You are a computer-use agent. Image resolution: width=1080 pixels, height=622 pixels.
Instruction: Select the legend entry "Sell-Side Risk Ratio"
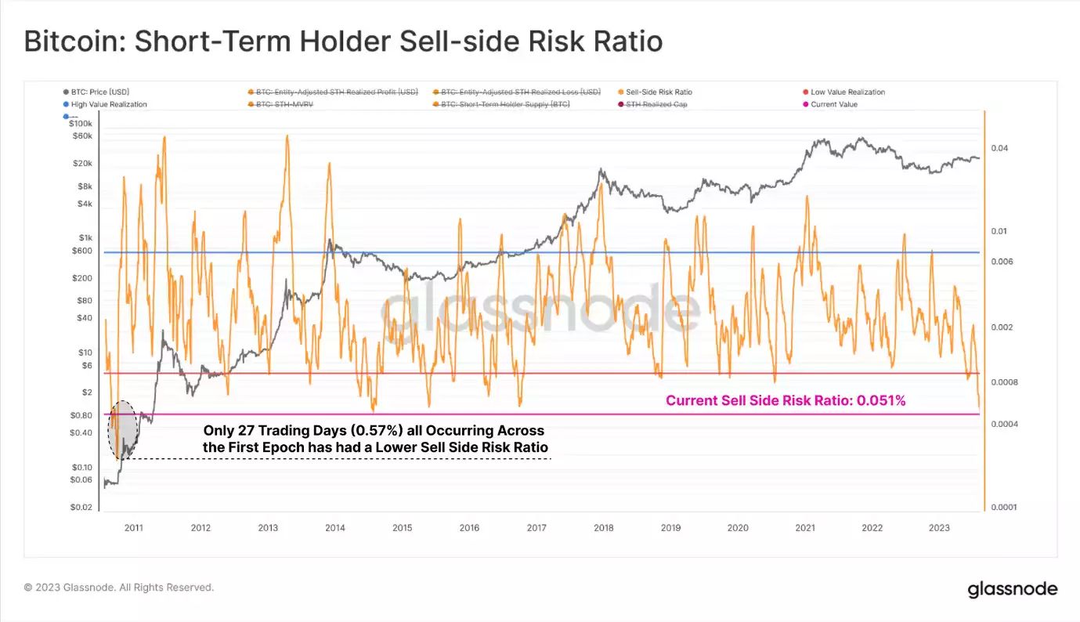[x=659, y=92]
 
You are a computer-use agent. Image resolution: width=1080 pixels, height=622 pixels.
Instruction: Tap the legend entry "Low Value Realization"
[x=847, y=92]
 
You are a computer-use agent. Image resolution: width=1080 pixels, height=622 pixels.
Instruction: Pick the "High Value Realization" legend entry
[x=109, y=104]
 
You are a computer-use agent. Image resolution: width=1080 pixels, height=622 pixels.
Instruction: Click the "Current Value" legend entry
[x=834, y=104]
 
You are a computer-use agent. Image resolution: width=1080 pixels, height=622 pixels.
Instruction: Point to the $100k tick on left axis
[x=81, y=124]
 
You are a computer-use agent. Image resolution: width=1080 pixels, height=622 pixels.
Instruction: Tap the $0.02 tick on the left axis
[x=81, y=508]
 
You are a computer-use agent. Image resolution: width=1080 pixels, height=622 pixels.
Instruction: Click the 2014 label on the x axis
[x=334, y=528]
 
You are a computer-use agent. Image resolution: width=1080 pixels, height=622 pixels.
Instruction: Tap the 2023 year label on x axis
[x=939, y=528]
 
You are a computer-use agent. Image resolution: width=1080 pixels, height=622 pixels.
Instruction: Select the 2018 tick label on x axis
[x=603, y=528]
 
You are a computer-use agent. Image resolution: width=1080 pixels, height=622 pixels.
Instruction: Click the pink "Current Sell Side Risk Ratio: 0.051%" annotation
[x=786, y=400]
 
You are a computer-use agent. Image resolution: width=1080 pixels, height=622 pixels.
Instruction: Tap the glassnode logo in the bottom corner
[x=1012, y=589]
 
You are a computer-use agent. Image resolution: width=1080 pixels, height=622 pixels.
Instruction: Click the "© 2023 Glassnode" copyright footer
[x=118, y=587]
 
